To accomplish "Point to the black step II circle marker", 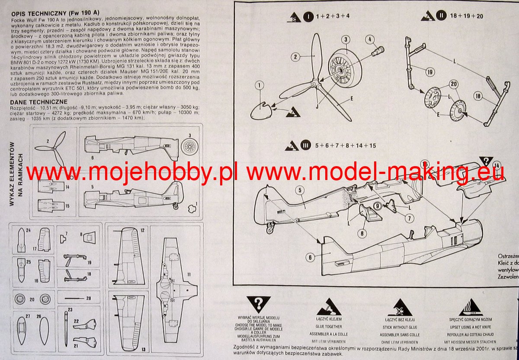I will click(x=441, y=16).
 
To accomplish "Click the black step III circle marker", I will click(x=306, y=145).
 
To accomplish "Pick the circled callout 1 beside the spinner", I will click(x=259, y=86).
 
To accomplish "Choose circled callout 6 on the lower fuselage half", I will click(x=310, y=257).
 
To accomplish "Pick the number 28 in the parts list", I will click(x=88, y=298).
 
